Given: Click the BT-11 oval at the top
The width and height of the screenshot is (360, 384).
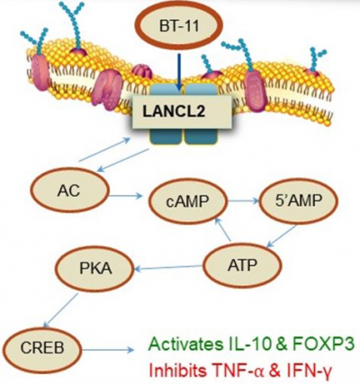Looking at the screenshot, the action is (x=179, y=26).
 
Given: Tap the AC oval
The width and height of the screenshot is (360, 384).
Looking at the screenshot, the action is (x=70, y=191).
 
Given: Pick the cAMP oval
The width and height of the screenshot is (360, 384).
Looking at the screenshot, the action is (x=187, y=201).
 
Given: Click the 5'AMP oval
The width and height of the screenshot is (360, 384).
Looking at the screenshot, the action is (x=298, y=201).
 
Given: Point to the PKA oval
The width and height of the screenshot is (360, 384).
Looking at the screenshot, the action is (x=95, y=268).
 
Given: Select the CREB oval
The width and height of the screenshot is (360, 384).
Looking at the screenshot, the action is (x=42, y=348).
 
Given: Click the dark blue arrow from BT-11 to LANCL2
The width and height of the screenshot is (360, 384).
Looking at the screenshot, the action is (x=179, y=72).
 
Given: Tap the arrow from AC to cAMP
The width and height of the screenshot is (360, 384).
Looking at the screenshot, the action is (x=125, y=196).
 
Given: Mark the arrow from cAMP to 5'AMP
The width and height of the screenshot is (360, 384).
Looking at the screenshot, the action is (x=243, y=201).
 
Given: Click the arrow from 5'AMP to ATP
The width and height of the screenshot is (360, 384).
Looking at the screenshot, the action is (x=282, y=237).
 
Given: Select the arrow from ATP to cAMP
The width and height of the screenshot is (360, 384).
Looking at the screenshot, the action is (x=223, y=229).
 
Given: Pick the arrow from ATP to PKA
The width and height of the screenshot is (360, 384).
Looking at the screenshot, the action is (x=168, y=268).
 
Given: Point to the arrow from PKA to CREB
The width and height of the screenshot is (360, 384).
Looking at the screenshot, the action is (x=61, y=309).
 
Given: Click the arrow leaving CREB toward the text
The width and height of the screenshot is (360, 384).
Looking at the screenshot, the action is (x=108, y=350).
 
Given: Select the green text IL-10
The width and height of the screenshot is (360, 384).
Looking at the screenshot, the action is (x=250, y=344).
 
